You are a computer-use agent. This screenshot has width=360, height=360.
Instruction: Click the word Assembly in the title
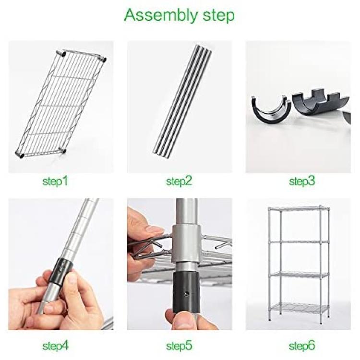pos(161,16)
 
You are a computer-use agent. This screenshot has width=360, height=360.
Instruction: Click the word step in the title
pos(219,16)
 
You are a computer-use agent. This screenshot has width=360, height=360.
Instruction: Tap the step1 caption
pos(56,181)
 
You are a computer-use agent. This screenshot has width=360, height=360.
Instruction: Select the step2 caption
pos(179,181)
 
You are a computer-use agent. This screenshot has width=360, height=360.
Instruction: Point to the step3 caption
pos(302,181)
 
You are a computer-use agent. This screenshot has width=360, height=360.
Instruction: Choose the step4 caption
pos(56,346)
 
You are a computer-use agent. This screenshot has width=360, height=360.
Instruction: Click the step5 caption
pos(179,346)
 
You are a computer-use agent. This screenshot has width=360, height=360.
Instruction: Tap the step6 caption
pos(302,346)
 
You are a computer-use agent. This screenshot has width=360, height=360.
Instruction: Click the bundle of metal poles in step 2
pos(182,101)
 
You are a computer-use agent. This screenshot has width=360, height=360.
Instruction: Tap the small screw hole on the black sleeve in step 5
pos(187,293)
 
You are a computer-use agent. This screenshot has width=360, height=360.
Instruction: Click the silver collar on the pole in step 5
pos(187,244)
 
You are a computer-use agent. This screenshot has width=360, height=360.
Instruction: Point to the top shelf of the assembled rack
pos(299,209)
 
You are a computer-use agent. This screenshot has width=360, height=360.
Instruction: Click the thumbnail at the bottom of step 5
pos(181,320)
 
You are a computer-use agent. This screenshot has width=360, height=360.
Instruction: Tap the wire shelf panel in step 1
pos(61,105)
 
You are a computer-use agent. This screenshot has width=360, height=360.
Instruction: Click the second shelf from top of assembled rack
pos(299,242)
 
